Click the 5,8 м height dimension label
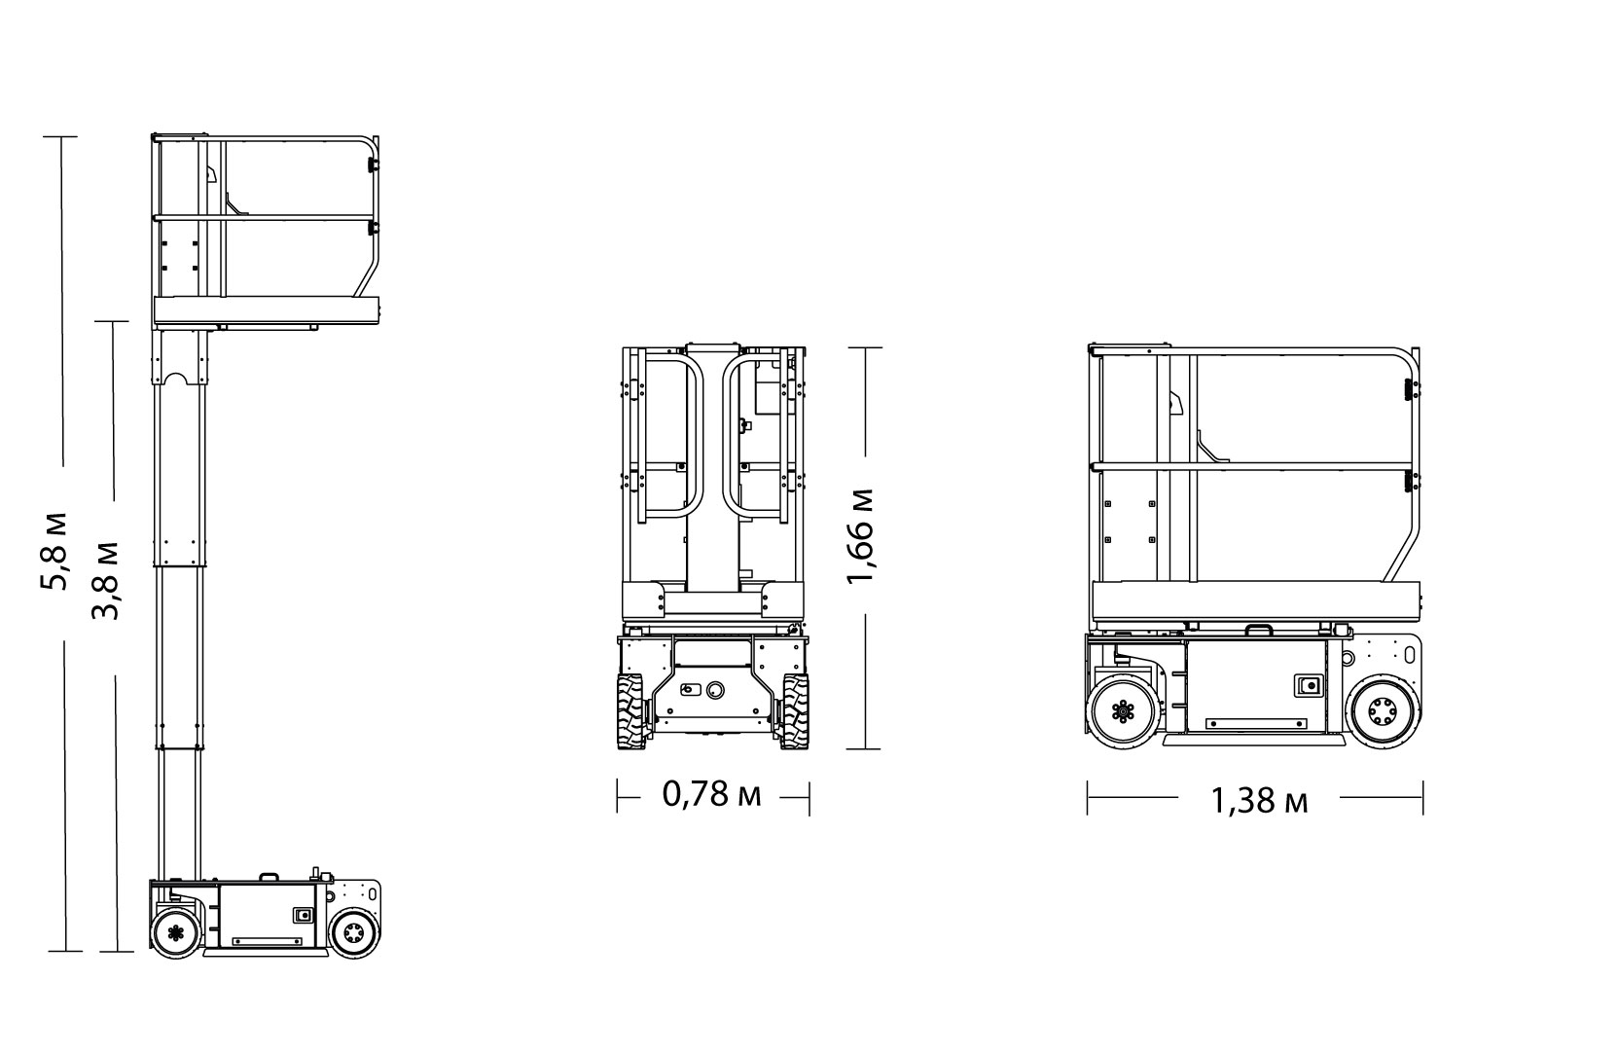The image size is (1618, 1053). point(54,552)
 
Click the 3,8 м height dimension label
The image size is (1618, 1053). point(105,580)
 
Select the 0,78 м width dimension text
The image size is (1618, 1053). point(712,794)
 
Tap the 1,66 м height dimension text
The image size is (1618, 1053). point(861,535)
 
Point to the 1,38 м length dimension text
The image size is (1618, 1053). point(1259,801)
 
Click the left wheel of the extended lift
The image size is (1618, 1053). point(175,933)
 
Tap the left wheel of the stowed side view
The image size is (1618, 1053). point(1123,711)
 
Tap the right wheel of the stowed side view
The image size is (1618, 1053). point(1384,711)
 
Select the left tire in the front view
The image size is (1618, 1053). point(630,711)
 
